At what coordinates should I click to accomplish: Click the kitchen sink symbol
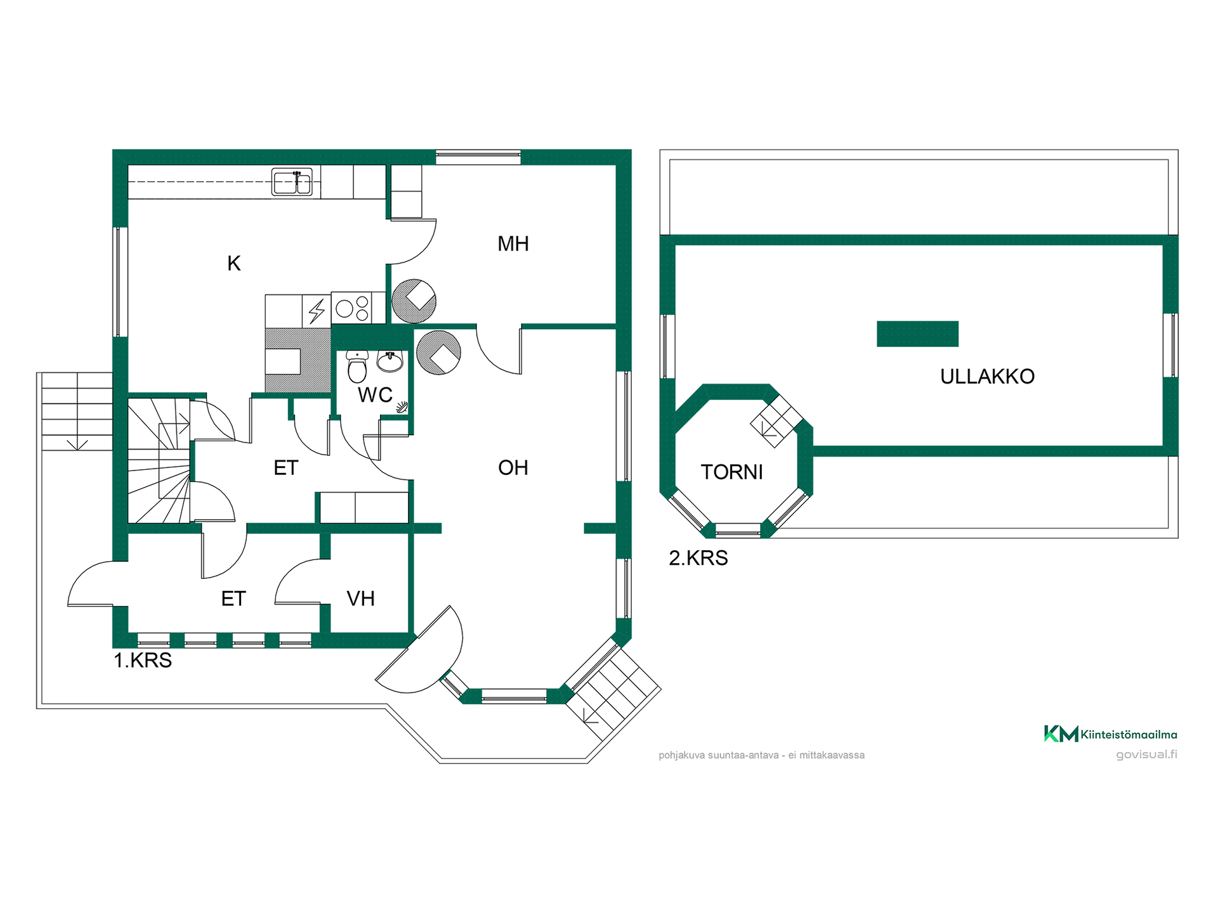point(292,182)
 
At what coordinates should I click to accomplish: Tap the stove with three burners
point(352,309)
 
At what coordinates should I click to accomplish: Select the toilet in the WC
point(357,366)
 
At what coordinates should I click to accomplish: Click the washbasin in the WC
point(390,361)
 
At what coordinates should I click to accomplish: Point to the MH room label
point(513,243)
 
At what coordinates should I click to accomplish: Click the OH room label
point(513,468)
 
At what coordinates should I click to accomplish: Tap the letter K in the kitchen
point(234,263)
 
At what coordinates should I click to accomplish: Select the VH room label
point(360,599)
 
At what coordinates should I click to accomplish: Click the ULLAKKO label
point(987,377)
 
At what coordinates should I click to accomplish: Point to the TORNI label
point(731,472)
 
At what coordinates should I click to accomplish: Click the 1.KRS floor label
point(143,661)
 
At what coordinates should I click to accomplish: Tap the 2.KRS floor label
point(698,558)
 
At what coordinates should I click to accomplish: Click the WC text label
point(375,395)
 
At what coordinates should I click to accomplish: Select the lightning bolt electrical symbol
point(317,311)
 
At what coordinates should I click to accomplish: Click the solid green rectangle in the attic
point(917,334)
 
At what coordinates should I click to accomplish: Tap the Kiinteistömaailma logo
point(1110,734)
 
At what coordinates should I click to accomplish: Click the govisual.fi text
point(1146,754)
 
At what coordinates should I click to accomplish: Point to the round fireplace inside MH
point(414,301)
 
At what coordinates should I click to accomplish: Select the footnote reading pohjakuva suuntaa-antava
point(761,755)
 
